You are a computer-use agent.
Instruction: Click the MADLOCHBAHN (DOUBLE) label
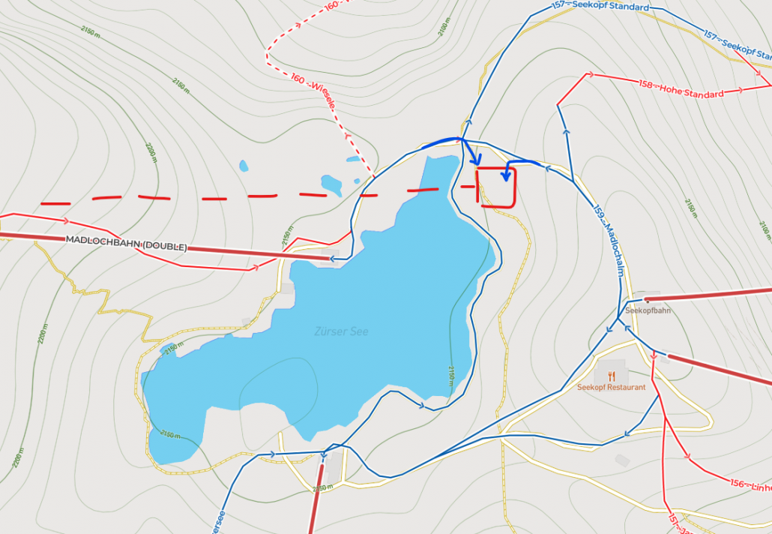click(x=126, y=243)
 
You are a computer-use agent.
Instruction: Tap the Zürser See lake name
click(x=342, y=331)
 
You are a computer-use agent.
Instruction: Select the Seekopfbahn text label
click(x=648, y=310)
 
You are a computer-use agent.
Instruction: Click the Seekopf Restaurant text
click(x=612, y=388)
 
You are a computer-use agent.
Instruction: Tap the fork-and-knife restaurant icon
click(x=612, y=376)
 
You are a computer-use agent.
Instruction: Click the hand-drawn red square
click(x=496, y=187)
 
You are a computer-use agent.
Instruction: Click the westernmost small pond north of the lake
click(x=243, y=166)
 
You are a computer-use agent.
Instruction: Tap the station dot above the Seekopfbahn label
click(x=646, y=299)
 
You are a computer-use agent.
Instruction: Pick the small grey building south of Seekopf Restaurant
click(x=622, y=460)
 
